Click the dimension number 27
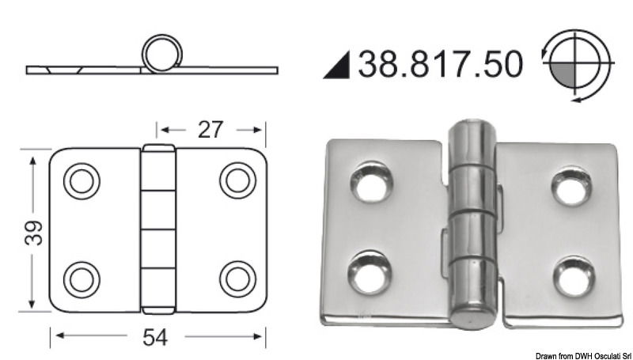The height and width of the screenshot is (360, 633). click(x=210, y=129)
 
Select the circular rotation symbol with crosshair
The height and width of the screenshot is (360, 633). click(x=579, y=63)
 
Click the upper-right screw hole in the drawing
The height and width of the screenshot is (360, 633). click(x=237, y=181)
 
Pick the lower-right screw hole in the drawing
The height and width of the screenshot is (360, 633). click(x=237, y=279)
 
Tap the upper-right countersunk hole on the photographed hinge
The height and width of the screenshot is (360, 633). click(x=571, y=187)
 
